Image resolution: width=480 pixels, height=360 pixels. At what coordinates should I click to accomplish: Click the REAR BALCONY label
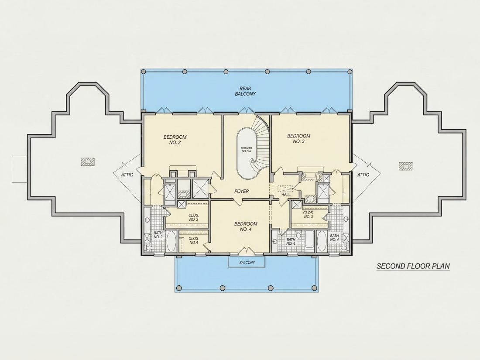(x=245, y=91)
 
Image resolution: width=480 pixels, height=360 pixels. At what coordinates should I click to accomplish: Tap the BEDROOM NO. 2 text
(x=175, y=140)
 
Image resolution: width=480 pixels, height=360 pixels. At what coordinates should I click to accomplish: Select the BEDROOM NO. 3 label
(x=298, y=139)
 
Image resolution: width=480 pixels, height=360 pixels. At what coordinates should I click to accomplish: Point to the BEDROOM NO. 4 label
(x=246, y=226)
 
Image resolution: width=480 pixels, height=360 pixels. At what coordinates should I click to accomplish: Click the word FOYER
(x=242, y=191)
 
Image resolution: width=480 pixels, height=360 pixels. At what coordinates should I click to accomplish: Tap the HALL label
(x=286, y=195)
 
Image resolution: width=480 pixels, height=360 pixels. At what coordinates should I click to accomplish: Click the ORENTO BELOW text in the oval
(x=246, y=150)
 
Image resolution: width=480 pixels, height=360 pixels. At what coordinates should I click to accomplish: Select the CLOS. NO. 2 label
(x=193, y=217)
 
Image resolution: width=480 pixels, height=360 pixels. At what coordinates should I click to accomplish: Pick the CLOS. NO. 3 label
(x=308, y=215)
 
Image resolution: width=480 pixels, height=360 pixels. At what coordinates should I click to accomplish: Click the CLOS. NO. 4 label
(x=193, y=240)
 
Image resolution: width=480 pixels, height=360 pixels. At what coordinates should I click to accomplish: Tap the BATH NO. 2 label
(x=158, y=235)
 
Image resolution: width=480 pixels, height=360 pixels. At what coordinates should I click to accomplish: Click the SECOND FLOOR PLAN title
(x=413, y=266)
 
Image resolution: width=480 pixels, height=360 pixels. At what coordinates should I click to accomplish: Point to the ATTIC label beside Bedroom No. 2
(x=127, y=175)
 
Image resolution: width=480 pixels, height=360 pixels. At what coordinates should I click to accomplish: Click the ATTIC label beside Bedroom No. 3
(x=363, y=175)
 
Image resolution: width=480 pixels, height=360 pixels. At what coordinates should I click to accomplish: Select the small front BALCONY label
(x=247, y=263)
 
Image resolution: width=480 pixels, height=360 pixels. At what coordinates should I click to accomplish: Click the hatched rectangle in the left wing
(x=88, y=161)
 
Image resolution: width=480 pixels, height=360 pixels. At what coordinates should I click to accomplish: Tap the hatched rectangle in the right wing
(x=406, y=166)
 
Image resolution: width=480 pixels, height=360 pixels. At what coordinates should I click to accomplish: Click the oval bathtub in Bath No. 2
(x=171, y=242)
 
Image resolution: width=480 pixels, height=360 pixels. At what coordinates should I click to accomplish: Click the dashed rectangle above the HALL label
(x=285, y=189)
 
